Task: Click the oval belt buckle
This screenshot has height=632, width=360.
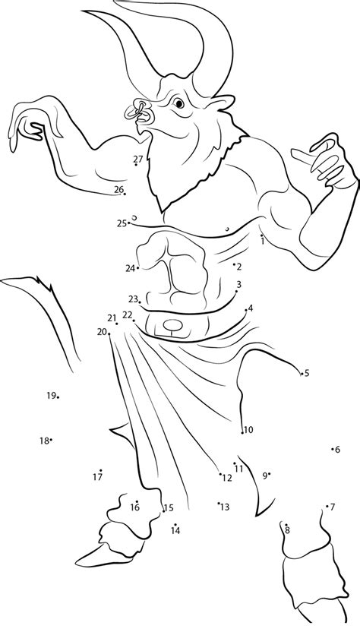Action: pos(174,327)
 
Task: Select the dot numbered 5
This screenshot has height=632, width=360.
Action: pos(300,372)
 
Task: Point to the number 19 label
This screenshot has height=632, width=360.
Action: pos(51,395)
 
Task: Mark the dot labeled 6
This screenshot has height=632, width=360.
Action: pos(333,450)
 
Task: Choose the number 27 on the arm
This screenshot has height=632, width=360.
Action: pos(137,159)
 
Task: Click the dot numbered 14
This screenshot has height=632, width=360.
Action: pos(175,524)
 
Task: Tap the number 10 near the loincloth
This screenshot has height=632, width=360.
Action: pos(248,430)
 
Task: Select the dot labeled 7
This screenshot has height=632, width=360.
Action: pos(327,507)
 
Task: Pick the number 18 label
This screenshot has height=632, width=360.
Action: pos(44,441)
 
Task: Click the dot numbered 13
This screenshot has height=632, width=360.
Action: pos(219,503)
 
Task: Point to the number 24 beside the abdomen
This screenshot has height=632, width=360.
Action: pos(130,268)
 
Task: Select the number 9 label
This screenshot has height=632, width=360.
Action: pos(264,476)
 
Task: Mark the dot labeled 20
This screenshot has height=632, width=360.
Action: pos(116,324)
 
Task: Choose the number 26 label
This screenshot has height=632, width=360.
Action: pos(118,189)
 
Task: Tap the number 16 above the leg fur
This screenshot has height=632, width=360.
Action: pos(134,507)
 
